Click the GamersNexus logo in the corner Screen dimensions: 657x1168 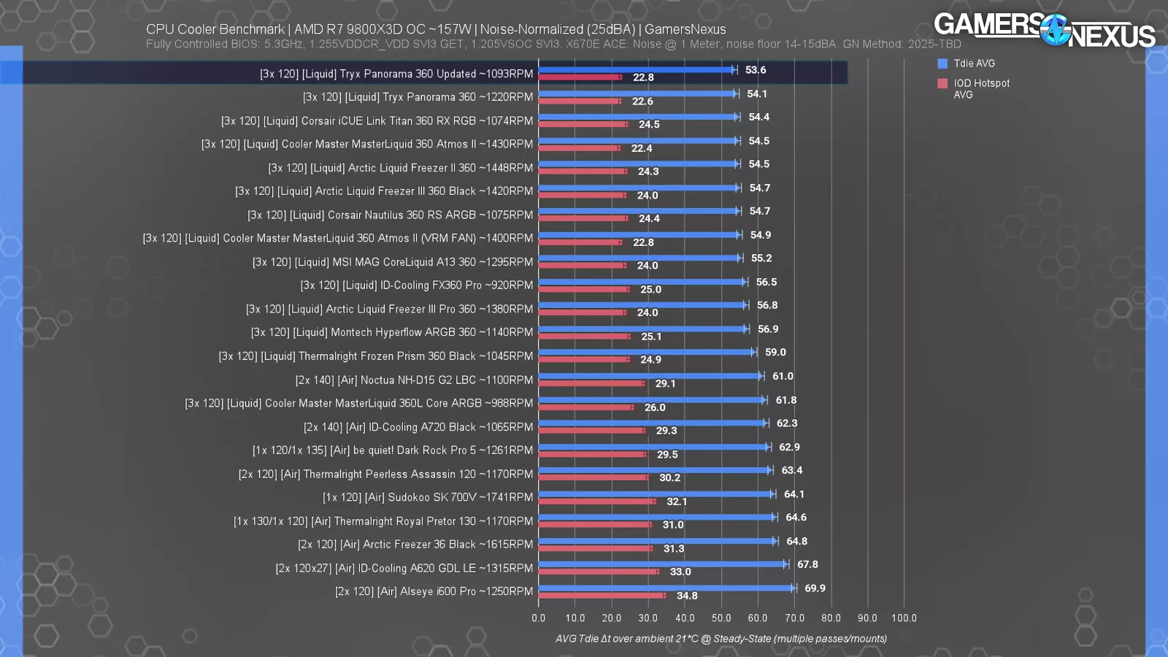click(x=1044, y=30)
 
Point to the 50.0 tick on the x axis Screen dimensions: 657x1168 click(x=721, y=618)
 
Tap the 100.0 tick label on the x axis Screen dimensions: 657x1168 click(x=904, y=618)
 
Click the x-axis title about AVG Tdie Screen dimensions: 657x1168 click(x=721, y=639)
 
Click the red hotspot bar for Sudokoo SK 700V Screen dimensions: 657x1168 click(x=597, y=502)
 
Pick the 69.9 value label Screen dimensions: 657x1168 click(x=815, y=588)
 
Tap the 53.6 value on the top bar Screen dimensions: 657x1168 click(x=756, y=70)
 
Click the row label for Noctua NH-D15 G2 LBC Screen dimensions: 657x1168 click(x=414, y=380)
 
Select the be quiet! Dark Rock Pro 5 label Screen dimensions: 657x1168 click(x=393, y=450)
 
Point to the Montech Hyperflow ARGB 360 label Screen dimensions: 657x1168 click(x=392, y=332)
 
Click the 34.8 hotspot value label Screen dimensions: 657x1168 click(x=687, y=596)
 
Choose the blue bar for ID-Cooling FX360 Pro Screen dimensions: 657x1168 click(x=642, y=282)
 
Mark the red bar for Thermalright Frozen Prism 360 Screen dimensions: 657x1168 click(x=584, y=359)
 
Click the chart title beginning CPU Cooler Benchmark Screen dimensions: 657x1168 click(x=436, y=29)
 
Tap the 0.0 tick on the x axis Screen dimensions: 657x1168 click(x=539, y=618)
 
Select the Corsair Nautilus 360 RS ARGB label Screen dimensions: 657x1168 click(x=390, y=215)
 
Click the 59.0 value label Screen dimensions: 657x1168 click(x=775, y=353)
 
